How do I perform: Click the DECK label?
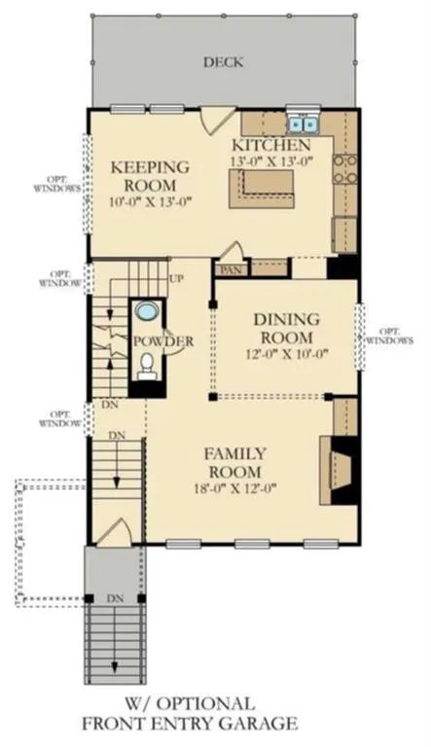coord(224,62)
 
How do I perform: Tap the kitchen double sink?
coord(303,124)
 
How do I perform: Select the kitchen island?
coord(262,188)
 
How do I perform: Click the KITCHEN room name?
coord(270,145)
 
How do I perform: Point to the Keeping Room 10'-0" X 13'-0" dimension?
coord(150,201)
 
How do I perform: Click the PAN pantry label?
coord(231,269)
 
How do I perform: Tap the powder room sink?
coord(146,311)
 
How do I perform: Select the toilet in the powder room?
coord(147,366)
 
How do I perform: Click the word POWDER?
coord(163,341)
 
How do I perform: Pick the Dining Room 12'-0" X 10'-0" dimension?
coord(287,354)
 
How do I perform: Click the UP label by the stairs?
coord(176,279)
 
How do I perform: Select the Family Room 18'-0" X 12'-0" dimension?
coord(235,488)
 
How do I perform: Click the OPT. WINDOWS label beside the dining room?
coord(388,336)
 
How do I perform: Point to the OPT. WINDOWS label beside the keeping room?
coord(57,184)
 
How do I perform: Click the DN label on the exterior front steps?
coord(115,598)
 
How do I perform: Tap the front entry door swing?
coord(115,530)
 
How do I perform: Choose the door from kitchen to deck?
coord(216,121)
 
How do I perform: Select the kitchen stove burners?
coord(345,169)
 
